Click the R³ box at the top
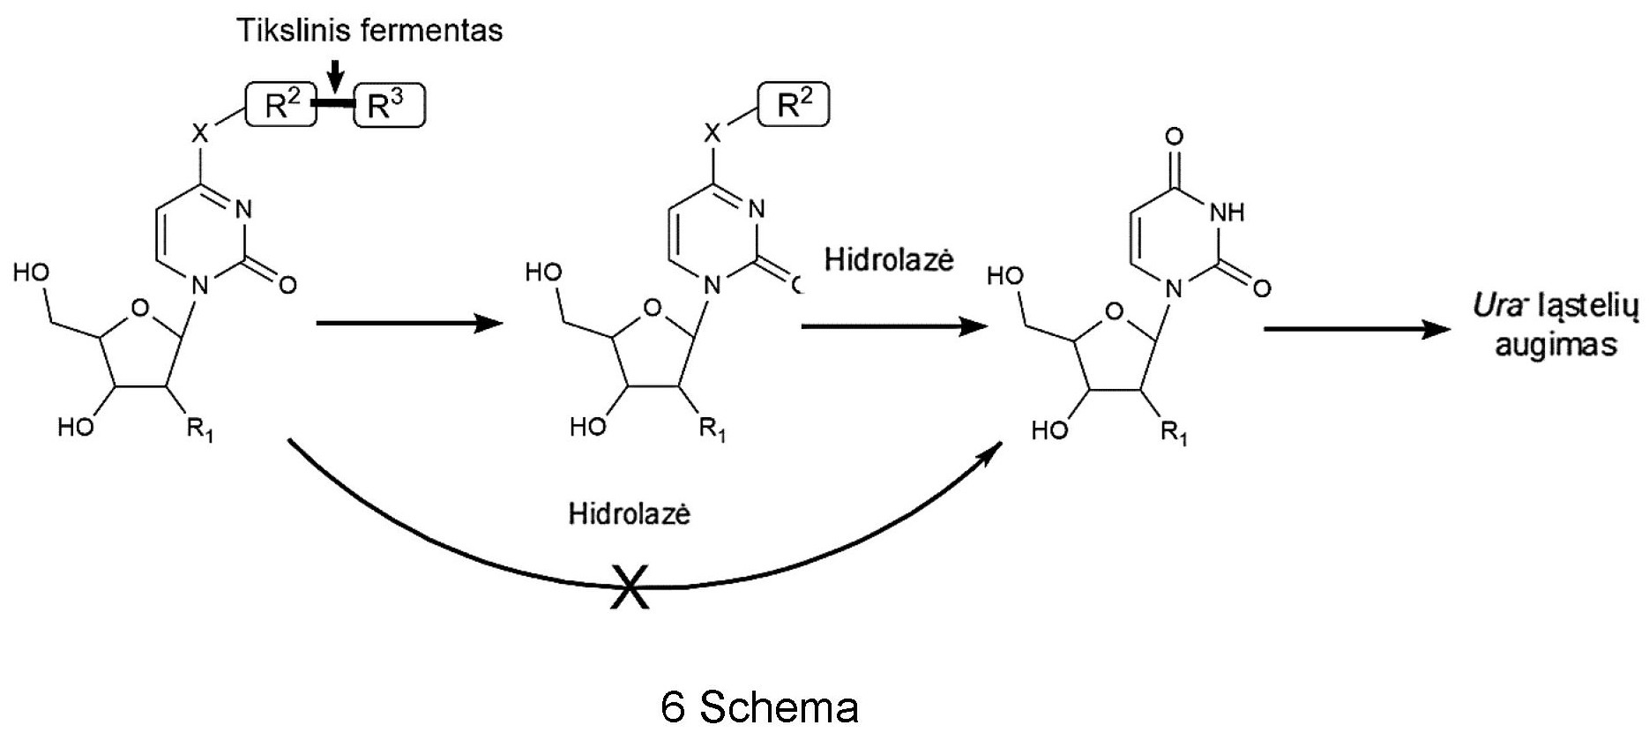389,107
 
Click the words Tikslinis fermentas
369,30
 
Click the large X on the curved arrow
630,586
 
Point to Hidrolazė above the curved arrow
629,514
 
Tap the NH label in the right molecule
1227,212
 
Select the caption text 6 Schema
758,706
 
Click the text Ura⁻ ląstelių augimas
1556,325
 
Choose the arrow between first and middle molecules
409,324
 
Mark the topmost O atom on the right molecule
1174,137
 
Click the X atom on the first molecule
201,135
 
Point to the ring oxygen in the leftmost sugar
138,308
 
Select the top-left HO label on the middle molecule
543,273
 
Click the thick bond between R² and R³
335,106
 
